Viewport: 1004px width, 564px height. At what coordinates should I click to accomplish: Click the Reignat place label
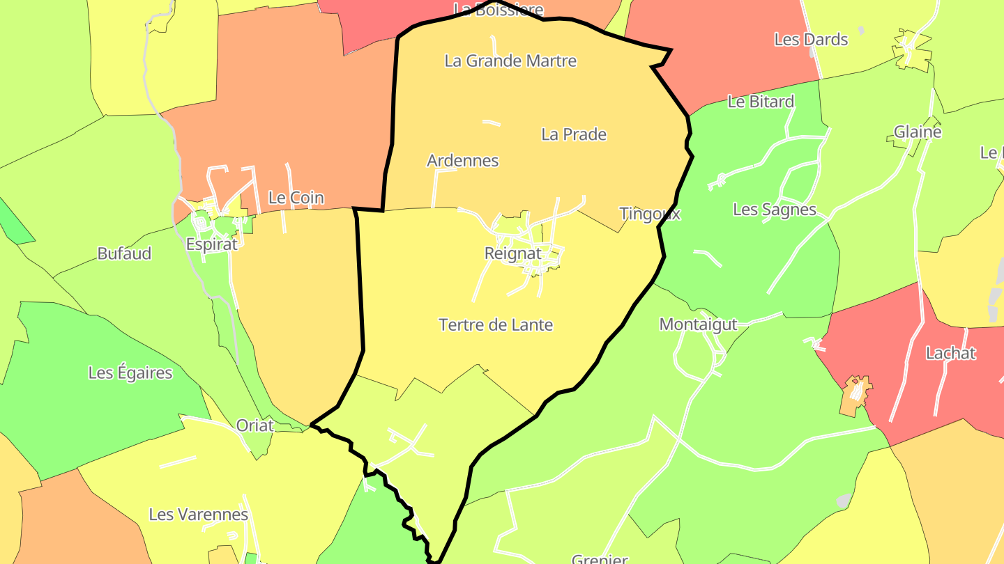[512, 254]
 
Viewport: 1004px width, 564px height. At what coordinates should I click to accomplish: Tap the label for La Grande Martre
[510, 61]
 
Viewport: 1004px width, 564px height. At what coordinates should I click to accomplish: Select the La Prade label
[574, 134]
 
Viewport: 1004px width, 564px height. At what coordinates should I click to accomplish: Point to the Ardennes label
[462, 161]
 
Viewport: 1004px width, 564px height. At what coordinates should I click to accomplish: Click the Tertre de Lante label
[496, 324]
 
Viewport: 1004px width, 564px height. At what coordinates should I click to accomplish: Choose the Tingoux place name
[649, 214]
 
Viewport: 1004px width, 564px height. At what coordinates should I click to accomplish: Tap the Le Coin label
[296, 198]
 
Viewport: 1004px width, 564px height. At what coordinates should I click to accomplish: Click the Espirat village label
[211, 244]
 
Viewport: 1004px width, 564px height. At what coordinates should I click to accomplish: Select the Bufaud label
[124, 253]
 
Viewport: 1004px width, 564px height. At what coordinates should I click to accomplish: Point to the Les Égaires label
[130, 373]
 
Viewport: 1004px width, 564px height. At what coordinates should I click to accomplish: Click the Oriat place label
[254, 425]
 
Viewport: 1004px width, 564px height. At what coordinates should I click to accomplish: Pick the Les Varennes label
[198, 515]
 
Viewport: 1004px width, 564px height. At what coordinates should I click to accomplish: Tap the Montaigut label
[698, 324]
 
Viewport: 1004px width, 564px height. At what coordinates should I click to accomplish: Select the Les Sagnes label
[774, 210]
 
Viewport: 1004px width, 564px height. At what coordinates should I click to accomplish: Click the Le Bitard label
[761, 102]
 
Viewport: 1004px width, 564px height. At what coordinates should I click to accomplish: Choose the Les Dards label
[811, 40]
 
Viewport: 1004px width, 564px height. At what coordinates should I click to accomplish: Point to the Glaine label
[918, 132]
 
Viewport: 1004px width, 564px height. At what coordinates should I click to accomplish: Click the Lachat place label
[950, 353]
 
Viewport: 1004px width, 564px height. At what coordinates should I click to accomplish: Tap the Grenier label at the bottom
[600, 559]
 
